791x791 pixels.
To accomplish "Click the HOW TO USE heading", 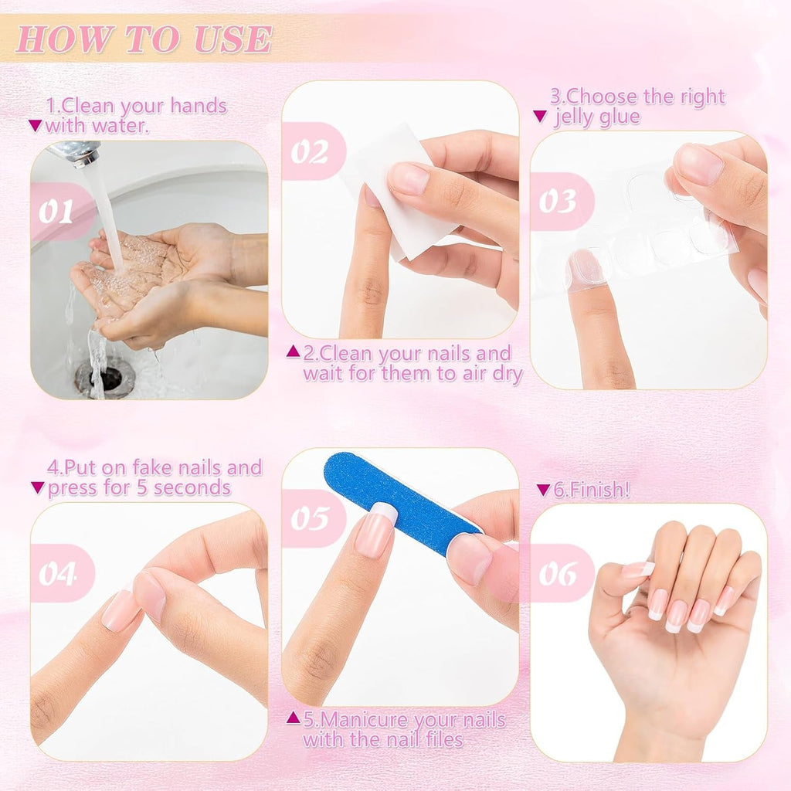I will (144, 39).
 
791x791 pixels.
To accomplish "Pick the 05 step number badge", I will (311, 518).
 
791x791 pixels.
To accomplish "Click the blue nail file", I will (394, 501).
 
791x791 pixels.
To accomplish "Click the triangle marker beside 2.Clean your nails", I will (293, 352).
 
